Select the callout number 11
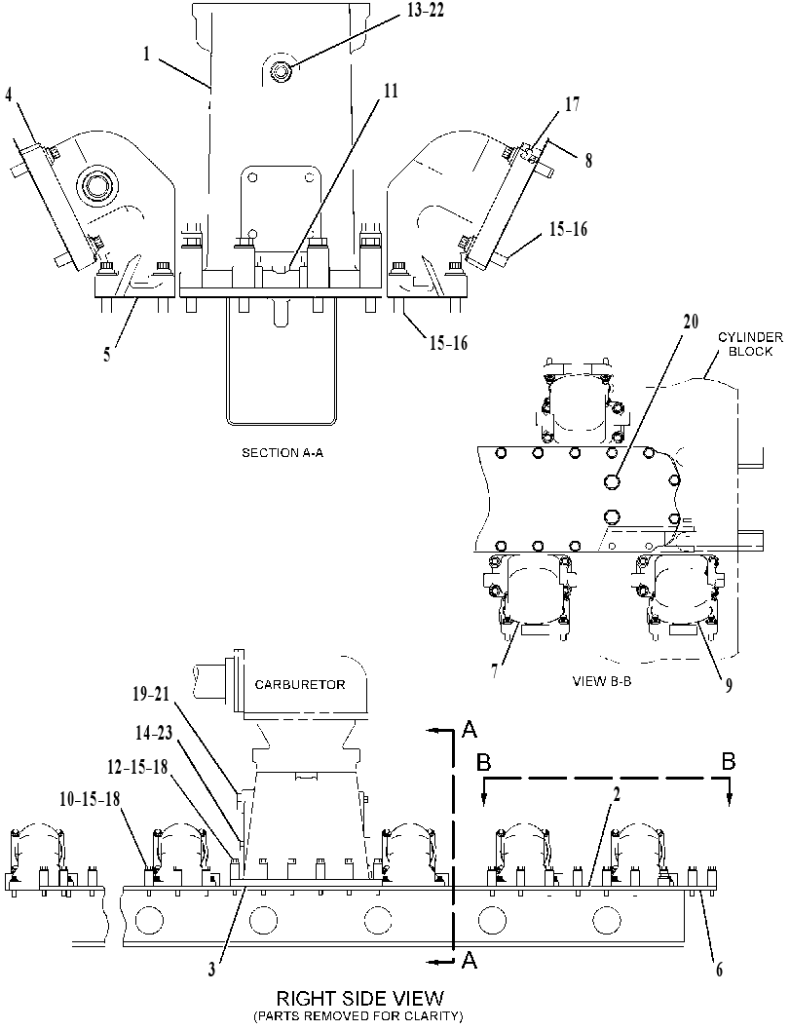pyautogui.click(x=391, y=90)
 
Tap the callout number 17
pyautogui.click(x=572, y=104)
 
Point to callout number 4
pyautogui.click(x=9, y=95)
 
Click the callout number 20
pyautogui.click(x=691, y=322)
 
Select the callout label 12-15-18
pyautogui.click(x=138, y=767)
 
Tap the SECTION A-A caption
pyautogui.click(x=282, y=452)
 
